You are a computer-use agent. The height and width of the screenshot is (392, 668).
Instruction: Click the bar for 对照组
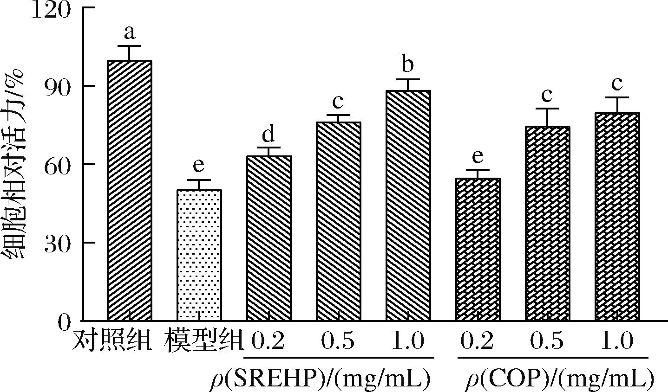tap(129, 190)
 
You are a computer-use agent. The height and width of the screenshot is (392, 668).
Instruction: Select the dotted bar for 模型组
tap(199, 255)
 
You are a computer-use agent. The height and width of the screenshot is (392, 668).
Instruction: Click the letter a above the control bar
tap(129, 33)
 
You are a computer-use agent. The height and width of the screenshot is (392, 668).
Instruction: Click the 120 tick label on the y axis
tap(51, 9)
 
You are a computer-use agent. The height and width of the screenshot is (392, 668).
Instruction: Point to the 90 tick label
tap(58, 86)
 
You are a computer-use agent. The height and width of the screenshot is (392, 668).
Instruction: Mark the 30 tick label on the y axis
tap(58, 243)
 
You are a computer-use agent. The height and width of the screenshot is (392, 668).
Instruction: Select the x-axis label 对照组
tap(112, 342)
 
